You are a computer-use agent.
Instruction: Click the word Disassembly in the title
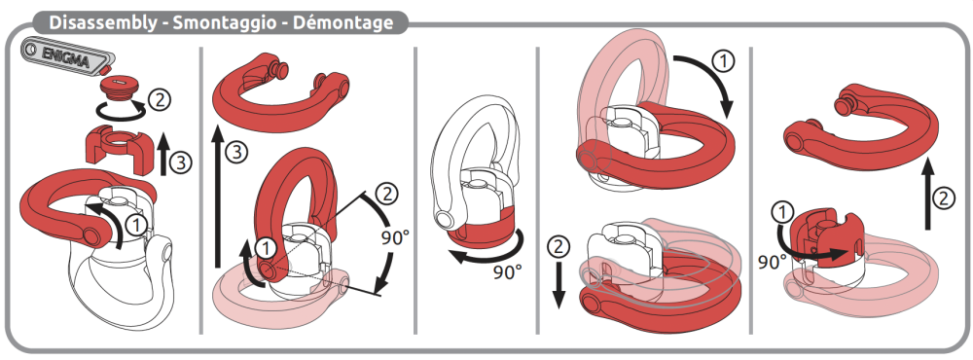103,23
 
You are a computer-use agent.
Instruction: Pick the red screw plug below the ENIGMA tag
117,88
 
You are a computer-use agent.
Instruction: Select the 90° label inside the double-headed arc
392,239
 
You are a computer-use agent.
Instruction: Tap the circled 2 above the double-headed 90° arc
386,195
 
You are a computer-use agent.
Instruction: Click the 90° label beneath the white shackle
507,271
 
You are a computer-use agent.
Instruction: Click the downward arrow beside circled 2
559,284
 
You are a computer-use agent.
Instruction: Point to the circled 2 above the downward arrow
558,247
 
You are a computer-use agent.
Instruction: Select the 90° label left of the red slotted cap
772,263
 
